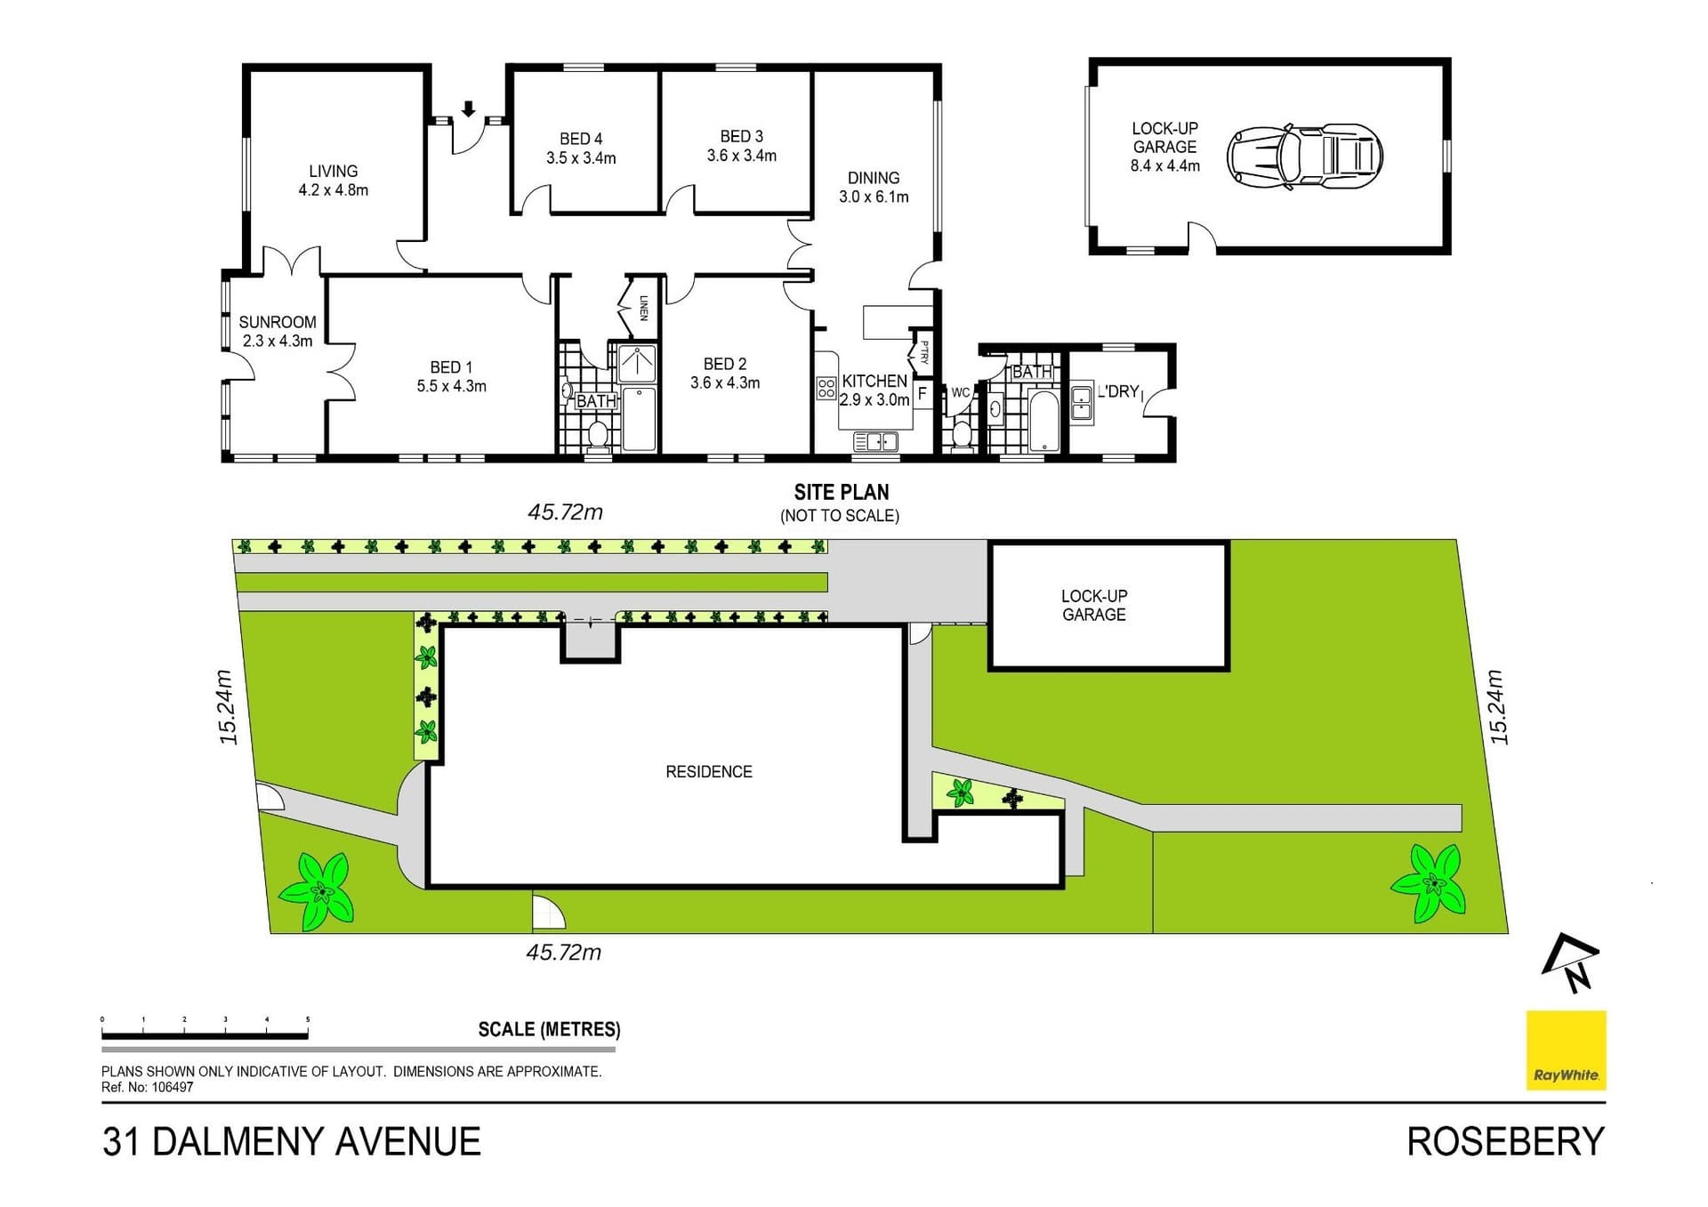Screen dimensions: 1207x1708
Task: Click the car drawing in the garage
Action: click(x=1304, y=156)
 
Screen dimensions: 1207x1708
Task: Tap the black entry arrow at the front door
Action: click(x=468, y=109)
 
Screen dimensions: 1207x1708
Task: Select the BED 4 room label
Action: click(x=581, y=139)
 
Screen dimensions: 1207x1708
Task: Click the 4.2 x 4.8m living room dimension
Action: click(x=333, y=190)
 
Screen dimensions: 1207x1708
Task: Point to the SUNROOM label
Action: click(x=278, y=322)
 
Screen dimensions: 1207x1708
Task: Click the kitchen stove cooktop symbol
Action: click(x=826, y=387)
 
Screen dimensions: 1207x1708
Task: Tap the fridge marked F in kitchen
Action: click(x=922, y=392)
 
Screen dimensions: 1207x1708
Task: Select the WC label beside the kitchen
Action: click(x=960, y=392)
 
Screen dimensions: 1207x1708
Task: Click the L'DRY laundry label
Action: click(x=1118, y=391)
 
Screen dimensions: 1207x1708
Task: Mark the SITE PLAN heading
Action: click(x=841, y=492)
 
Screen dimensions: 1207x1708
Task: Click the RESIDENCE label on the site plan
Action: click(x=708, y=772)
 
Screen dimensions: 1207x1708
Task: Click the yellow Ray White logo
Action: click(x=1566, y=1050)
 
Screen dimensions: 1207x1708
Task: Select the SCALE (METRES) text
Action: click(x=549, y=1029)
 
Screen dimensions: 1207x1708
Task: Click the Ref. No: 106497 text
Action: click(x=147, y=1087)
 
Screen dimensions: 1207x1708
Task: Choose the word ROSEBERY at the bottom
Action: click(x=1505, y=1142)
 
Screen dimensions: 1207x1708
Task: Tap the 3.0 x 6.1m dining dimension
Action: click(x=874, y=197)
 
